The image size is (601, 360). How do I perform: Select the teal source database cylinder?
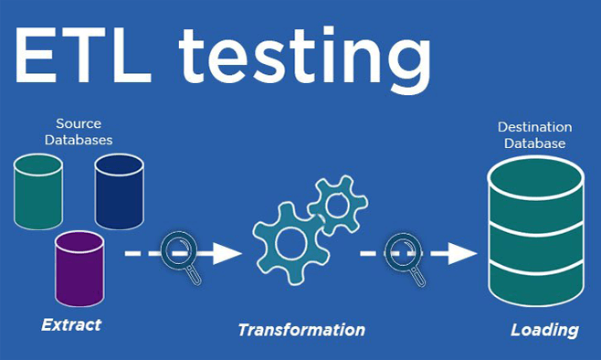(38, 189)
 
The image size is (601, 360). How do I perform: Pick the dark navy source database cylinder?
(119, 189)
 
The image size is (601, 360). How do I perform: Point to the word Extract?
(71, 324)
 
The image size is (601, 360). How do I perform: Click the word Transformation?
(301, 330)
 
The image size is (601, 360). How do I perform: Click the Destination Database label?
(534, 135)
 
